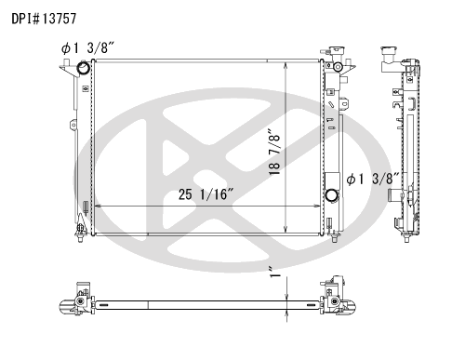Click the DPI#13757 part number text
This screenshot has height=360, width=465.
pyautogui.click(x=44, y=19)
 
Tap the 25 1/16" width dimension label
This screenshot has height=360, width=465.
pyautogui.click(x=206, y=194)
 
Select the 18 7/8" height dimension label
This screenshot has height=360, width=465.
pyautogui.click(x=275, y=152)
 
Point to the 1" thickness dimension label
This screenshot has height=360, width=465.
pyautogui.click(x=275, y=272)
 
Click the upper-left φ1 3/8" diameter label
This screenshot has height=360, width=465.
pyautogui.click(x=88, y=48)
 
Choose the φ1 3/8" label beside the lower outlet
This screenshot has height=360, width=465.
pyautogui.click(x=374, y=179)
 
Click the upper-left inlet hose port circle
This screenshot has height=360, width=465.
pyautogui.click(x=84, y=68)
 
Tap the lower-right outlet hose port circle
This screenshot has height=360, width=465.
pyautogui.click(x=332, y=195)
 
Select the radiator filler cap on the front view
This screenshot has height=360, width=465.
pyautogui.click(x=337, y=50)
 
